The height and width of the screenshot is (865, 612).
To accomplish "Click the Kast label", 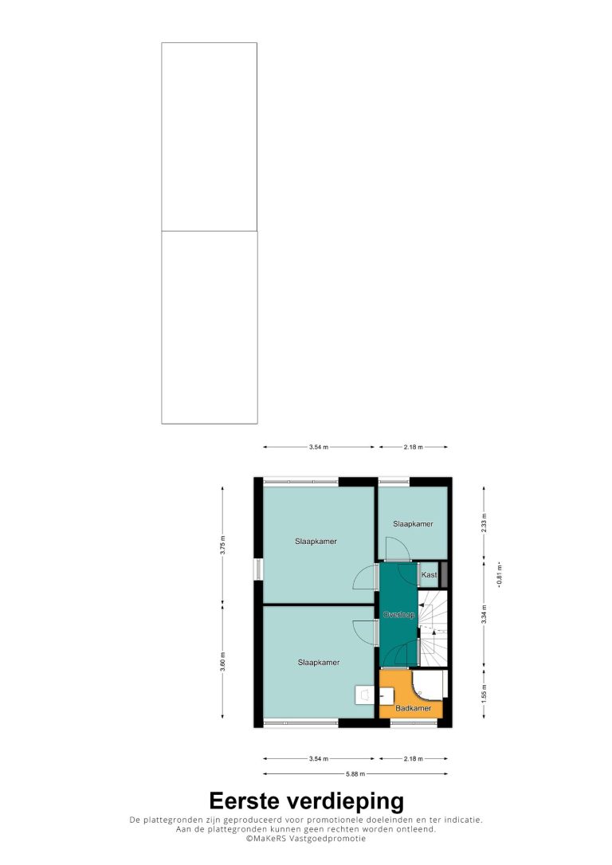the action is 429,575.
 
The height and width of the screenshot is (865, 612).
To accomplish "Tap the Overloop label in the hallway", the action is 398,615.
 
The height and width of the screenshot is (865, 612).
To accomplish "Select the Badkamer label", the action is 414,708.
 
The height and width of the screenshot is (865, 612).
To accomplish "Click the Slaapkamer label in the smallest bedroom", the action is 413,523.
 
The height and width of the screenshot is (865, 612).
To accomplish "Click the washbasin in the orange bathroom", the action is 386,695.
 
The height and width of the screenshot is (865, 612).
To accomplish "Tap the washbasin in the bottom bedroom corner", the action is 364,695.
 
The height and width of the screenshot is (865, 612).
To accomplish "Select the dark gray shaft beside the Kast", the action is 443,574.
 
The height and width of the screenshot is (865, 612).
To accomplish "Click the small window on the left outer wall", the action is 257,569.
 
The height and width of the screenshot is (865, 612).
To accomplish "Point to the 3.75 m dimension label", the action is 222,544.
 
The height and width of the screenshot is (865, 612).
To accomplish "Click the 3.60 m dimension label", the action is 222,662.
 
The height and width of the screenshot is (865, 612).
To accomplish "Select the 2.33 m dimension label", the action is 484,523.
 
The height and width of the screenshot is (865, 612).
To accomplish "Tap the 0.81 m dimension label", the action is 500,574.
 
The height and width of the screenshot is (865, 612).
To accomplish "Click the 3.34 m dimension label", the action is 484,614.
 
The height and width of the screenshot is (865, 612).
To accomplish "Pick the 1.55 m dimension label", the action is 484,694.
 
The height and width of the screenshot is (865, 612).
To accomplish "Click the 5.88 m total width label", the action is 355,774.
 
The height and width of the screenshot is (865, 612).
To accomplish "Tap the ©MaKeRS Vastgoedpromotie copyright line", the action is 306,839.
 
